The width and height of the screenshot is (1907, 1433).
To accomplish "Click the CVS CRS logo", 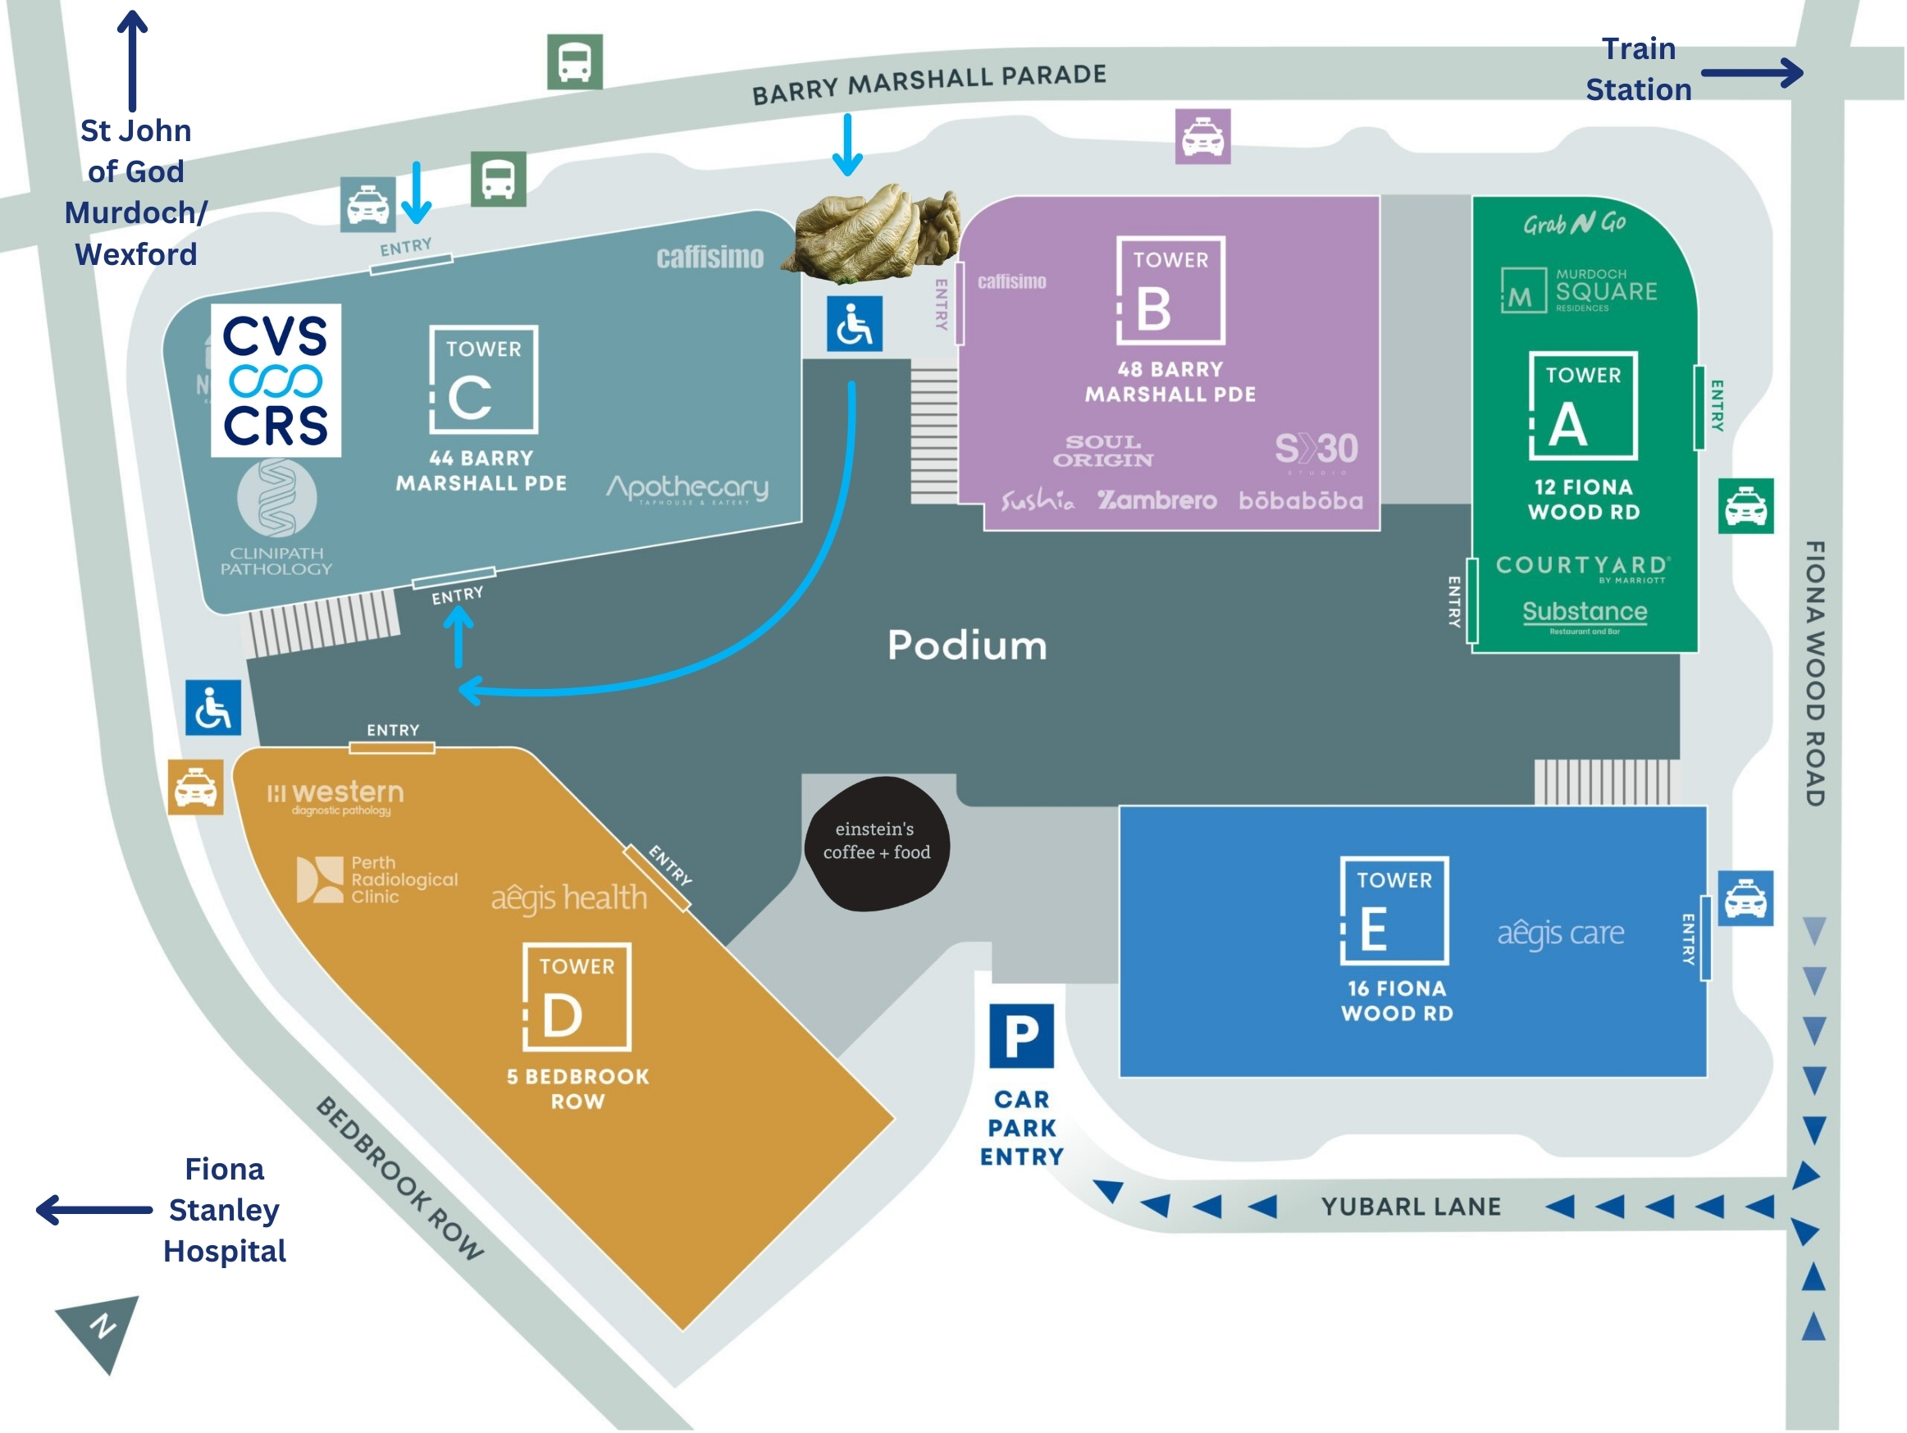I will [x=276, y=381].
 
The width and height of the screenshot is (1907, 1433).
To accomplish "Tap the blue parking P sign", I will [x=1022, y=1035].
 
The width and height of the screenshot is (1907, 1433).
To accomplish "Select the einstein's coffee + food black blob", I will [x=876, y=843].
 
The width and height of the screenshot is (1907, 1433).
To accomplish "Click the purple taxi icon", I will [x=1202, y=136].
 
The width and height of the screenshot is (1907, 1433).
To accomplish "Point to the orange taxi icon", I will [x=196, y=787].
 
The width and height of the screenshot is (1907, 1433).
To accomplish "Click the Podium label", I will [x=967, y=646].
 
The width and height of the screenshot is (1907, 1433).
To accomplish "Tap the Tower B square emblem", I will [x=1170, y=290].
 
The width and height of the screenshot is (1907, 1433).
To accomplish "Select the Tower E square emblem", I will [x=1394, y=910].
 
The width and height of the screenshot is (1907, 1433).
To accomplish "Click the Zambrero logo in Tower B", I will [x=1157, y=501].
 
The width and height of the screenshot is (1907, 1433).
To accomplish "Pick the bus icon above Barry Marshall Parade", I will [x=575, y=62].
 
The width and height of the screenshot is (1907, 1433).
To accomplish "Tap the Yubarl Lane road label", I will [x=1411, y=1207].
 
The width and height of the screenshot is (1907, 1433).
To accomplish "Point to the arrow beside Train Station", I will [x=1752, y=73].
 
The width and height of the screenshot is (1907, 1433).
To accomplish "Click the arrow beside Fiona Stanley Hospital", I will [x=94, y=1210].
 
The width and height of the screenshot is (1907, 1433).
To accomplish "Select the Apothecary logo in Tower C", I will [x=687, y=489].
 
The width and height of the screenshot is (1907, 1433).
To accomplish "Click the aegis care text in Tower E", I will [x=1560, y=933].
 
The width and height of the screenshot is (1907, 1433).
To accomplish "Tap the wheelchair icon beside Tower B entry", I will [x=855, y=324].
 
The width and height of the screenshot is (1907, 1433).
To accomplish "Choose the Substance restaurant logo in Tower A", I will [x=1585, y=613].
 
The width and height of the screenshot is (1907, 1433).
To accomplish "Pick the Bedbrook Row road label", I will [x=399, y=1179].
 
